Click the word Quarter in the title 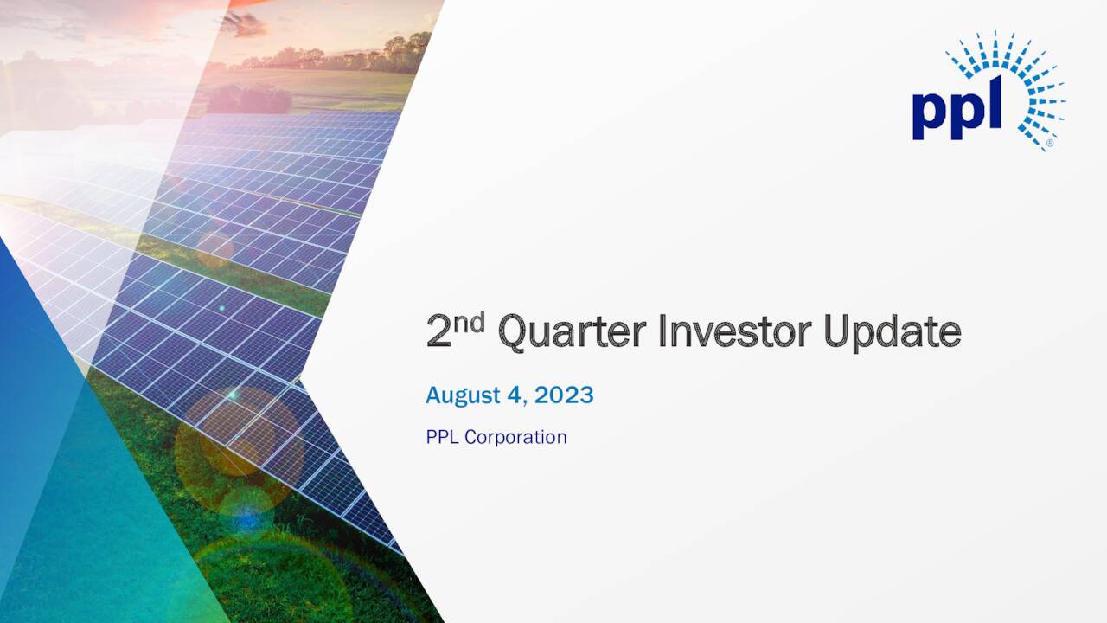573,332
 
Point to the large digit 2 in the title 439,333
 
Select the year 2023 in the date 564,395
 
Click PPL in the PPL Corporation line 443,437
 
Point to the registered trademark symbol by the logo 1049,143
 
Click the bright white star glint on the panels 232,394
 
